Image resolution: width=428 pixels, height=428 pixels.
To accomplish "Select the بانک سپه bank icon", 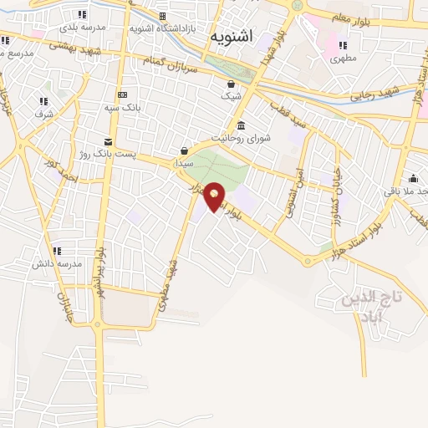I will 122,94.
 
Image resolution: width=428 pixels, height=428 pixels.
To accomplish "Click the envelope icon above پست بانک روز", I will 108,141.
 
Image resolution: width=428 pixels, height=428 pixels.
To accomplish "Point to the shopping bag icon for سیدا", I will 184,150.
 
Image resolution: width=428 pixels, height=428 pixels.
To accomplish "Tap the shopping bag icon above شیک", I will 231,84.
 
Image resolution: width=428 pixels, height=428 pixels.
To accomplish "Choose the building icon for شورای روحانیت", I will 241,125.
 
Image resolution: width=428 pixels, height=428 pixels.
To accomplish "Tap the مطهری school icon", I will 342,45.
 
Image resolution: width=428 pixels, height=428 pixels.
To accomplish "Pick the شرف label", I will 43,114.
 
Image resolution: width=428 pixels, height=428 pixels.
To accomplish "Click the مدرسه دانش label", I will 57,263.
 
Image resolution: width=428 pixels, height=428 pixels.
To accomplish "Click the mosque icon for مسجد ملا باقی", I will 413,177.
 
